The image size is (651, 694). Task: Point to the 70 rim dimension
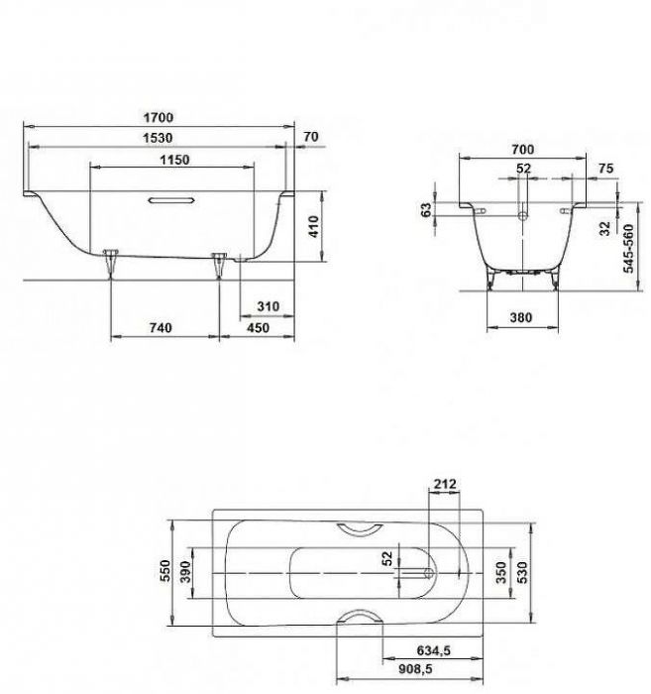pos(311,137)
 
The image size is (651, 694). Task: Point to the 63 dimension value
pos(427,210)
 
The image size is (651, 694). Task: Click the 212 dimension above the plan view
pos(446,484)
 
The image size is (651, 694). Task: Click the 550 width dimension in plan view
pos(166,572)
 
